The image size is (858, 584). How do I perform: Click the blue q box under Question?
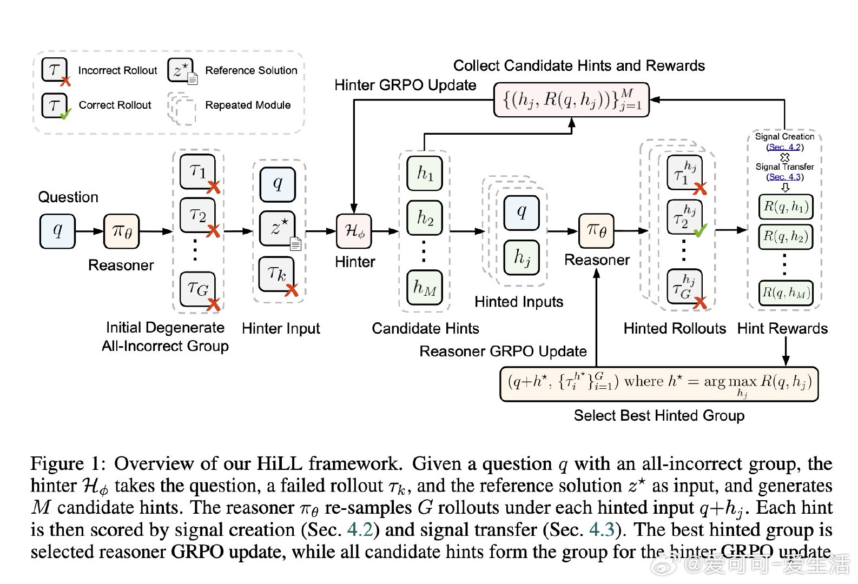click(x=57, y=231)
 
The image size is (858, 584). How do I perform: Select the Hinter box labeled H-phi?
click(x=354, y=231)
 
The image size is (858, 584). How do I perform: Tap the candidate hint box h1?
click(x=425, y=173)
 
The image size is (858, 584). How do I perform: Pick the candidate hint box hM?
click(x=425, y=287)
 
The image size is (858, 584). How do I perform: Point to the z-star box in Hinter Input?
click(x=278, y=228)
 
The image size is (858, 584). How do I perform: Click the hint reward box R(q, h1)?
click(x=786, y=207)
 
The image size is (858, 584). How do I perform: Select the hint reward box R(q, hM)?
click(x=786, y=293)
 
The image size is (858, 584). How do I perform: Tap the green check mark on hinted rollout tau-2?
click(x=700, y=231)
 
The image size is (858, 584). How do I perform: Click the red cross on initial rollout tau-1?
click(x=214, y=188)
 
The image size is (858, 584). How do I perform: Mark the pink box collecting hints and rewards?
click(x=571, y=99)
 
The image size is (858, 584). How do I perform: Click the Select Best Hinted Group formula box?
click(x=658, y=384)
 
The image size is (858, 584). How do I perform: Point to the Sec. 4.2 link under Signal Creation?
click(x=784, y=147)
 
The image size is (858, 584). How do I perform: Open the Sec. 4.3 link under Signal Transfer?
click(x=784, y=177)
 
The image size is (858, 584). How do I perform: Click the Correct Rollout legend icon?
click(x=55, y=105)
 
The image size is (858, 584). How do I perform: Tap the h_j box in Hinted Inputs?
click(x=522, y=258)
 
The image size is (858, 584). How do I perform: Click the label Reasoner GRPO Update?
click(x=503, y=351)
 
